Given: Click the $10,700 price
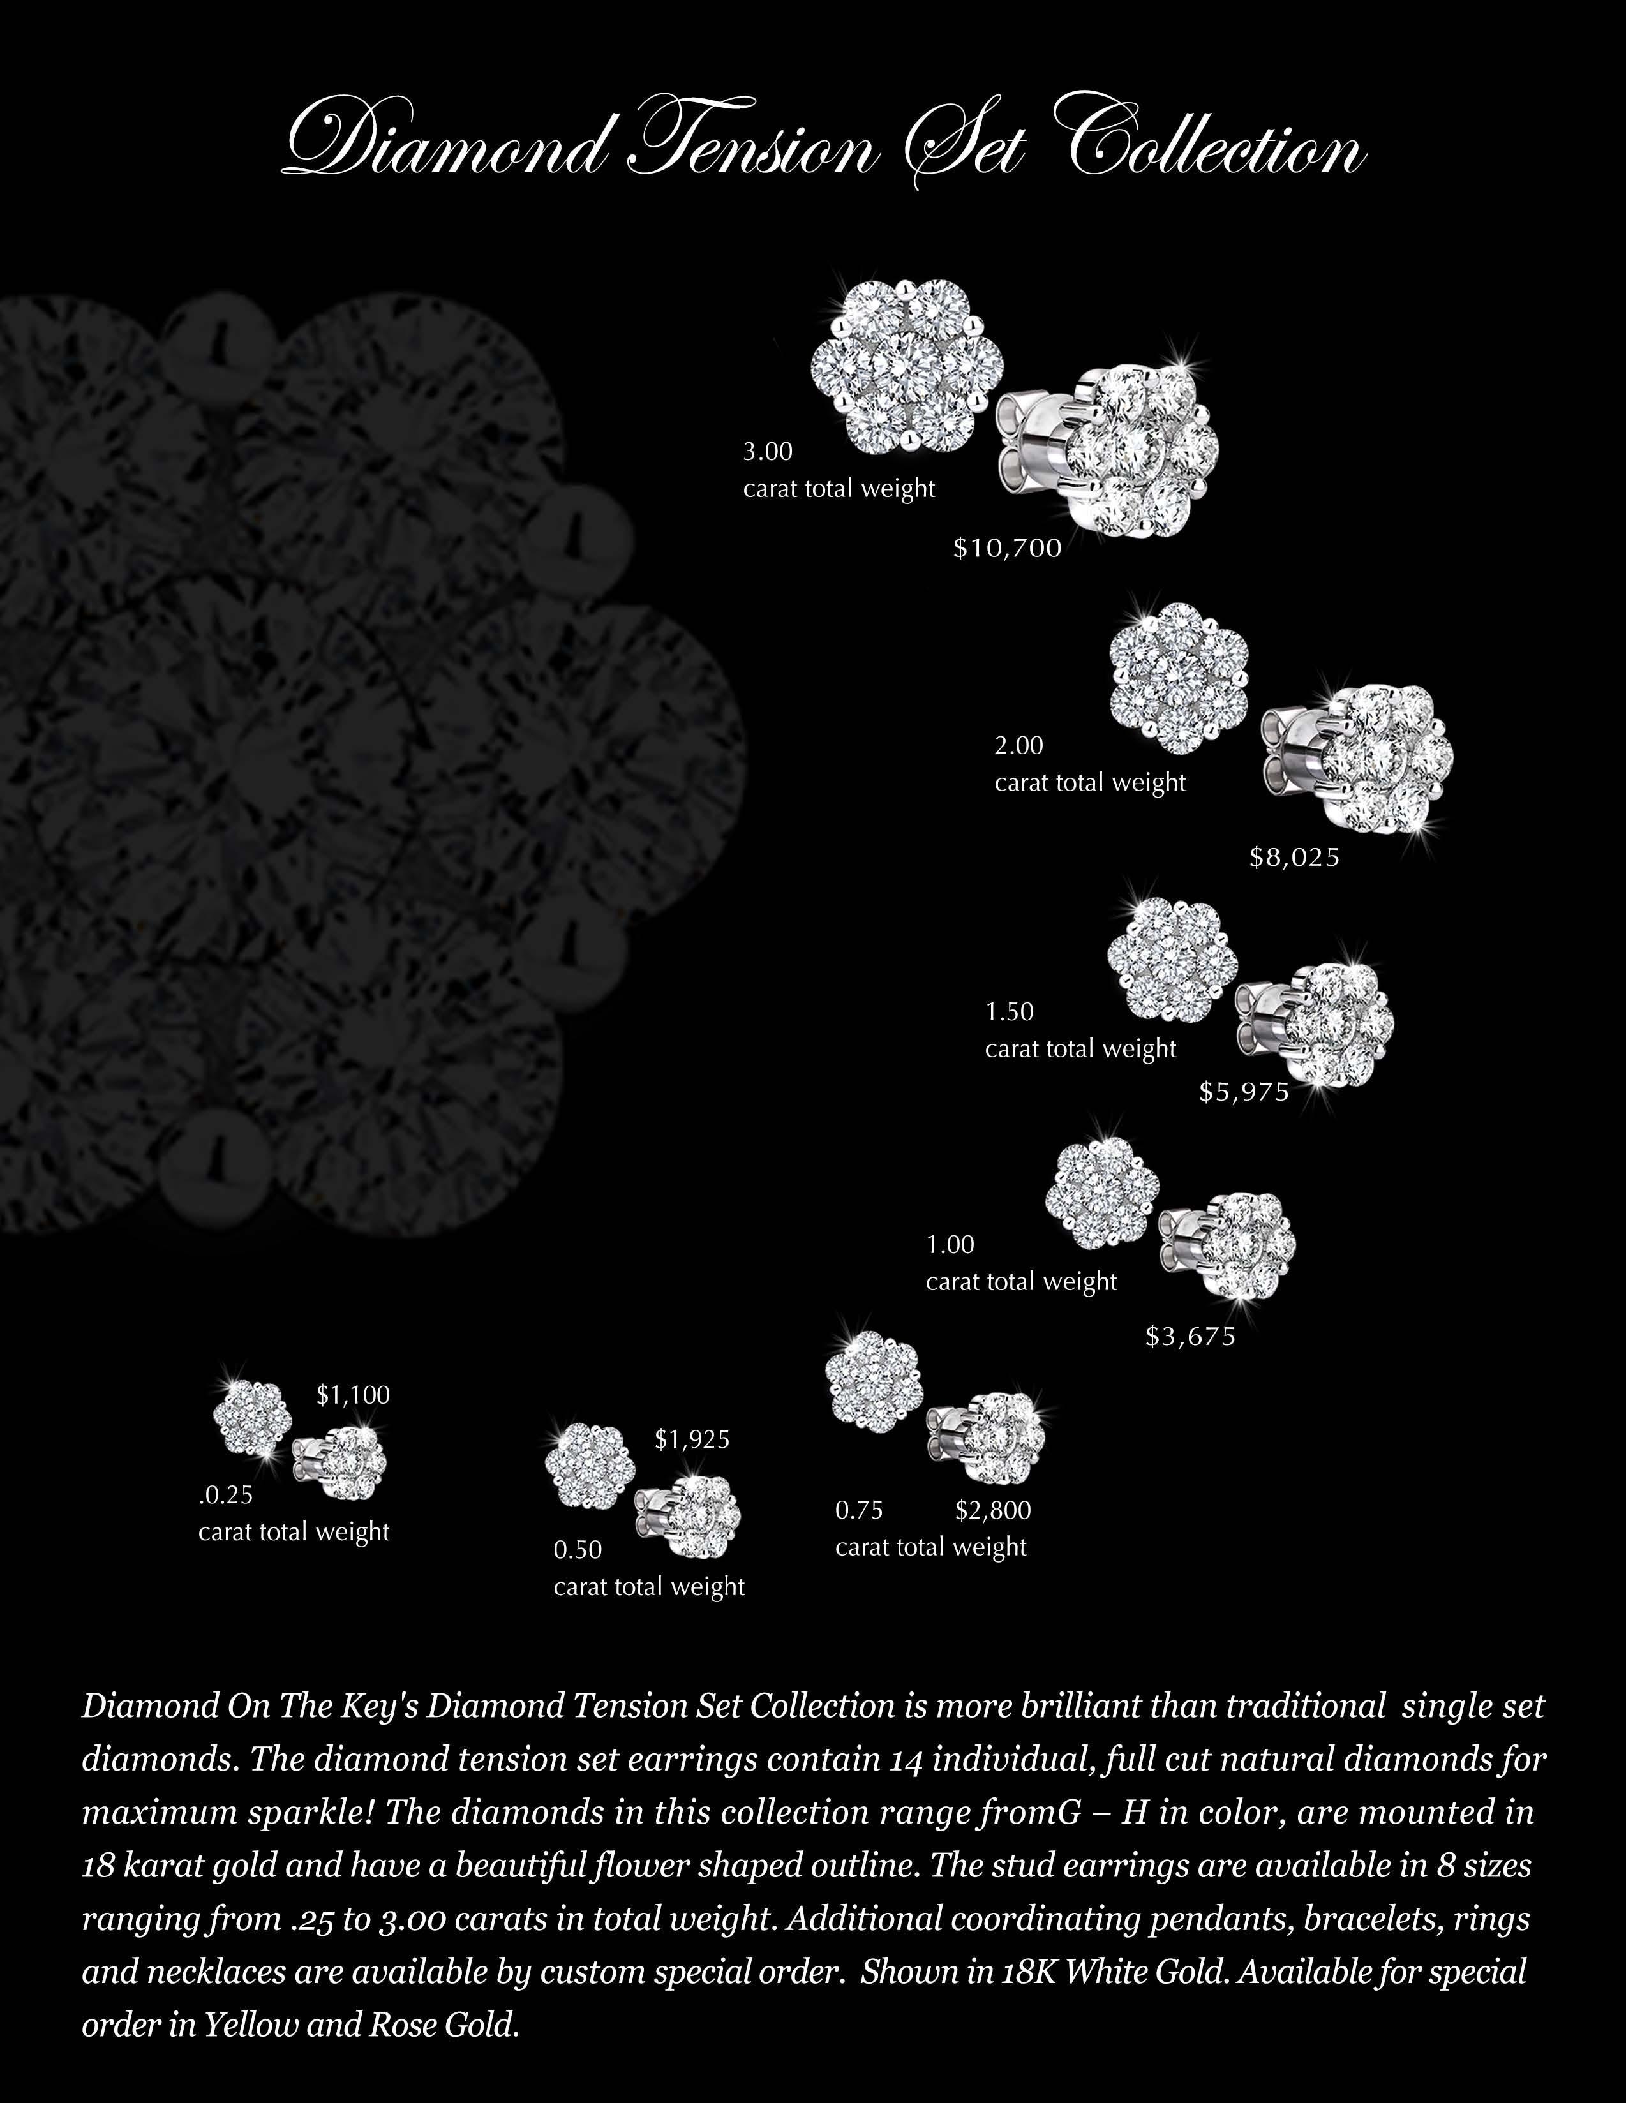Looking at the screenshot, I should point(1006,549).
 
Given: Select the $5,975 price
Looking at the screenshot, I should point(1244,1092).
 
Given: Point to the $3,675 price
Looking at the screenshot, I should point(1190,1337).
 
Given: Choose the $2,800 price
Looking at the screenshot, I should point(993,1510).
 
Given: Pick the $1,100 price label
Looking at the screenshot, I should point(352,1395).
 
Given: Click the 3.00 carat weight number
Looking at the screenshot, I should point(768,452).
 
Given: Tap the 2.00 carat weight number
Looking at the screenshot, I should point(1019,745).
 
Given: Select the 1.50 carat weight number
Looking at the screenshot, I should point(1008,1012).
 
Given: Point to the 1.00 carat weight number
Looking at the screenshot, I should point(950,1245).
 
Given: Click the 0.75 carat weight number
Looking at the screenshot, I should point(859,1510).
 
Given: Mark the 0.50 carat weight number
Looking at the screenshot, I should point(577,1549).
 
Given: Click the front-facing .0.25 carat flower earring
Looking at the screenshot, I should point(248,1417).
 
